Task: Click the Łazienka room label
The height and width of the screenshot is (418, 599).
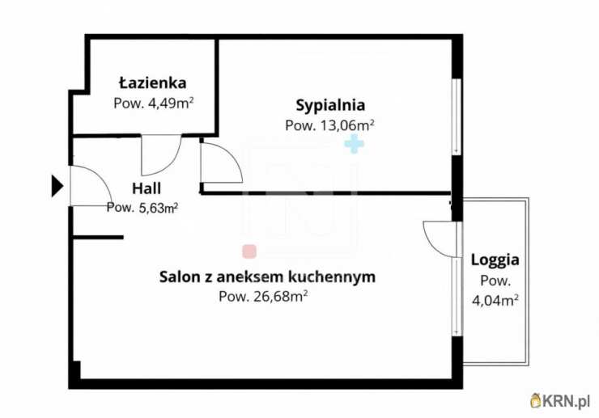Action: [x=152, y=82]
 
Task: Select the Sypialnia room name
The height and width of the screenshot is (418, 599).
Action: [x=330, y=104]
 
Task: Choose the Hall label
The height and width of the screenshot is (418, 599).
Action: [x=147, y=188]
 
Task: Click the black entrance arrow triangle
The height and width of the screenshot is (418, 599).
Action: [x=57, y=186]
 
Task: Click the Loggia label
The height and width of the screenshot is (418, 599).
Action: [x=495, y=260]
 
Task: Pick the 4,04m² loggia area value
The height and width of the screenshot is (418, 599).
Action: [x=495, y=301]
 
